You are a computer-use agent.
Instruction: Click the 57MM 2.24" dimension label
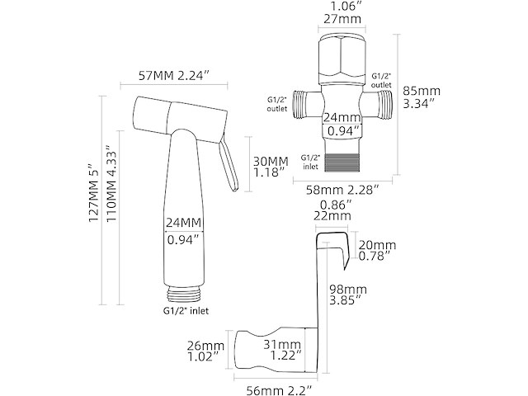(174, 76)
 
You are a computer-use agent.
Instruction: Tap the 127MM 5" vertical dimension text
(93, 193)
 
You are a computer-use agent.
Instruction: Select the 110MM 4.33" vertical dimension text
(111, 184)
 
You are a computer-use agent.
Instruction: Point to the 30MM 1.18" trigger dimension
(271, 167)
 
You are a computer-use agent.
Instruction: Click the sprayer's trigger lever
(229, 165)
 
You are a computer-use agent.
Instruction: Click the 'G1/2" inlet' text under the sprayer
(186, 310)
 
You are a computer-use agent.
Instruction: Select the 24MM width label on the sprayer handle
(183, 223)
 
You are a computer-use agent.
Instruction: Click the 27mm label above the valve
(342, 18)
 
